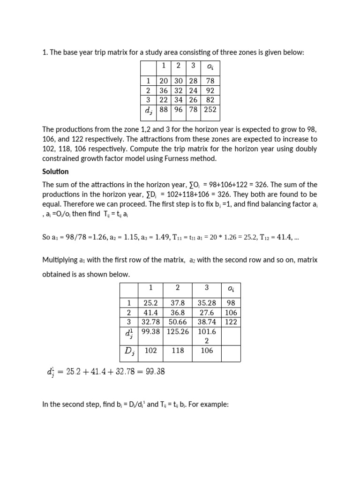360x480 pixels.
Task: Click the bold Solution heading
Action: point(55,172)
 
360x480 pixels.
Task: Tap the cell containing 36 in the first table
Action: point(164,90)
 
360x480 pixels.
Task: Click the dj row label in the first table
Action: point(149,111)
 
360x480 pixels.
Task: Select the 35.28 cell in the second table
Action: point(206,303)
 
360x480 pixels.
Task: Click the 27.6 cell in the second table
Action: point(206,312)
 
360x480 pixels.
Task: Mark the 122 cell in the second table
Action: point(231,322)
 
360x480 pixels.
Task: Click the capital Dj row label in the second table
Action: point(129,351)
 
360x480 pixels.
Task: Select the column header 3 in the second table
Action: point(206,288)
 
